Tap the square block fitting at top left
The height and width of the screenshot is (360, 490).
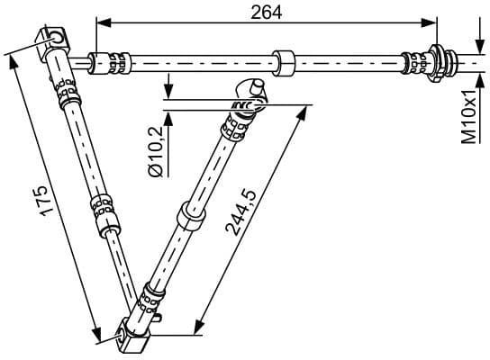pyautogui.click(x=56, y=39)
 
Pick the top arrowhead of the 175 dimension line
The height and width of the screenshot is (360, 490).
pyautogui.click(x=12, y=60)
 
